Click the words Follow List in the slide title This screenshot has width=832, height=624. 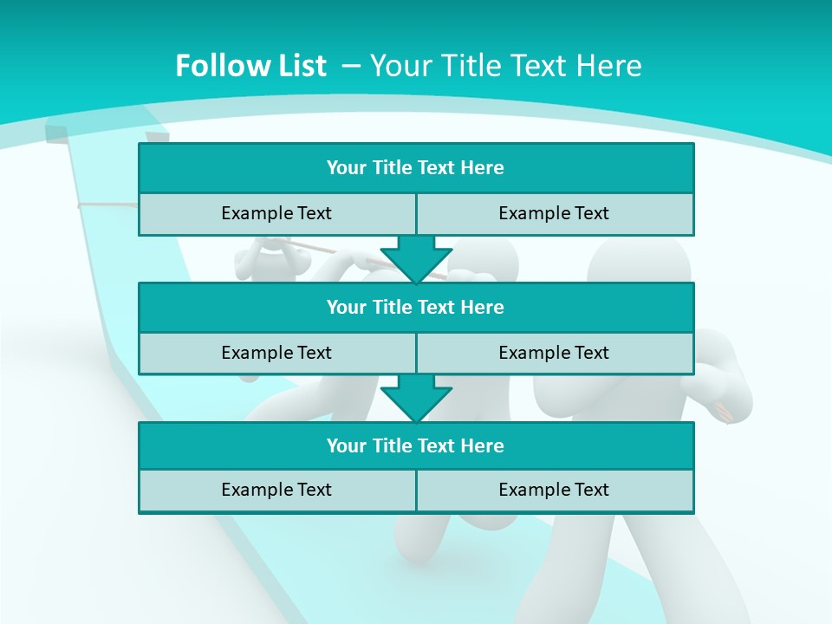(250, 66)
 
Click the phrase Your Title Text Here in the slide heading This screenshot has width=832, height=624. (506, 66)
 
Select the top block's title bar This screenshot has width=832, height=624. (416, 168)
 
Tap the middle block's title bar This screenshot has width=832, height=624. (416, 307)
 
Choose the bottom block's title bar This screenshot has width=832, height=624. (416, 445)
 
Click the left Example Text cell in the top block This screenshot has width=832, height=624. (276, 213)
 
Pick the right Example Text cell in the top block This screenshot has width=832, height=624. (555, 213)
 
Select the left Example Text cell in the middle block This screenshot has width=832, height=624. (276, 353)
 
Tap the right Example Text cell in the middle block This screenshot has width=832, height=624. (555, 353)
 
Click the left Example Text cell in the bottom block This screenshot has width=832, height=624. (276, 490)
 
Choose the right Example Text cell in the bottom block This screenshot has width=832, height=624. (555, 490)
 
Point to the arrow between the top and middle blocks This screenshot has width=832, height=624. (416, 259)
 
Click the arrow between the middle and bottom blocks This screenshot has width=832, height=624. (416, 398)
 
